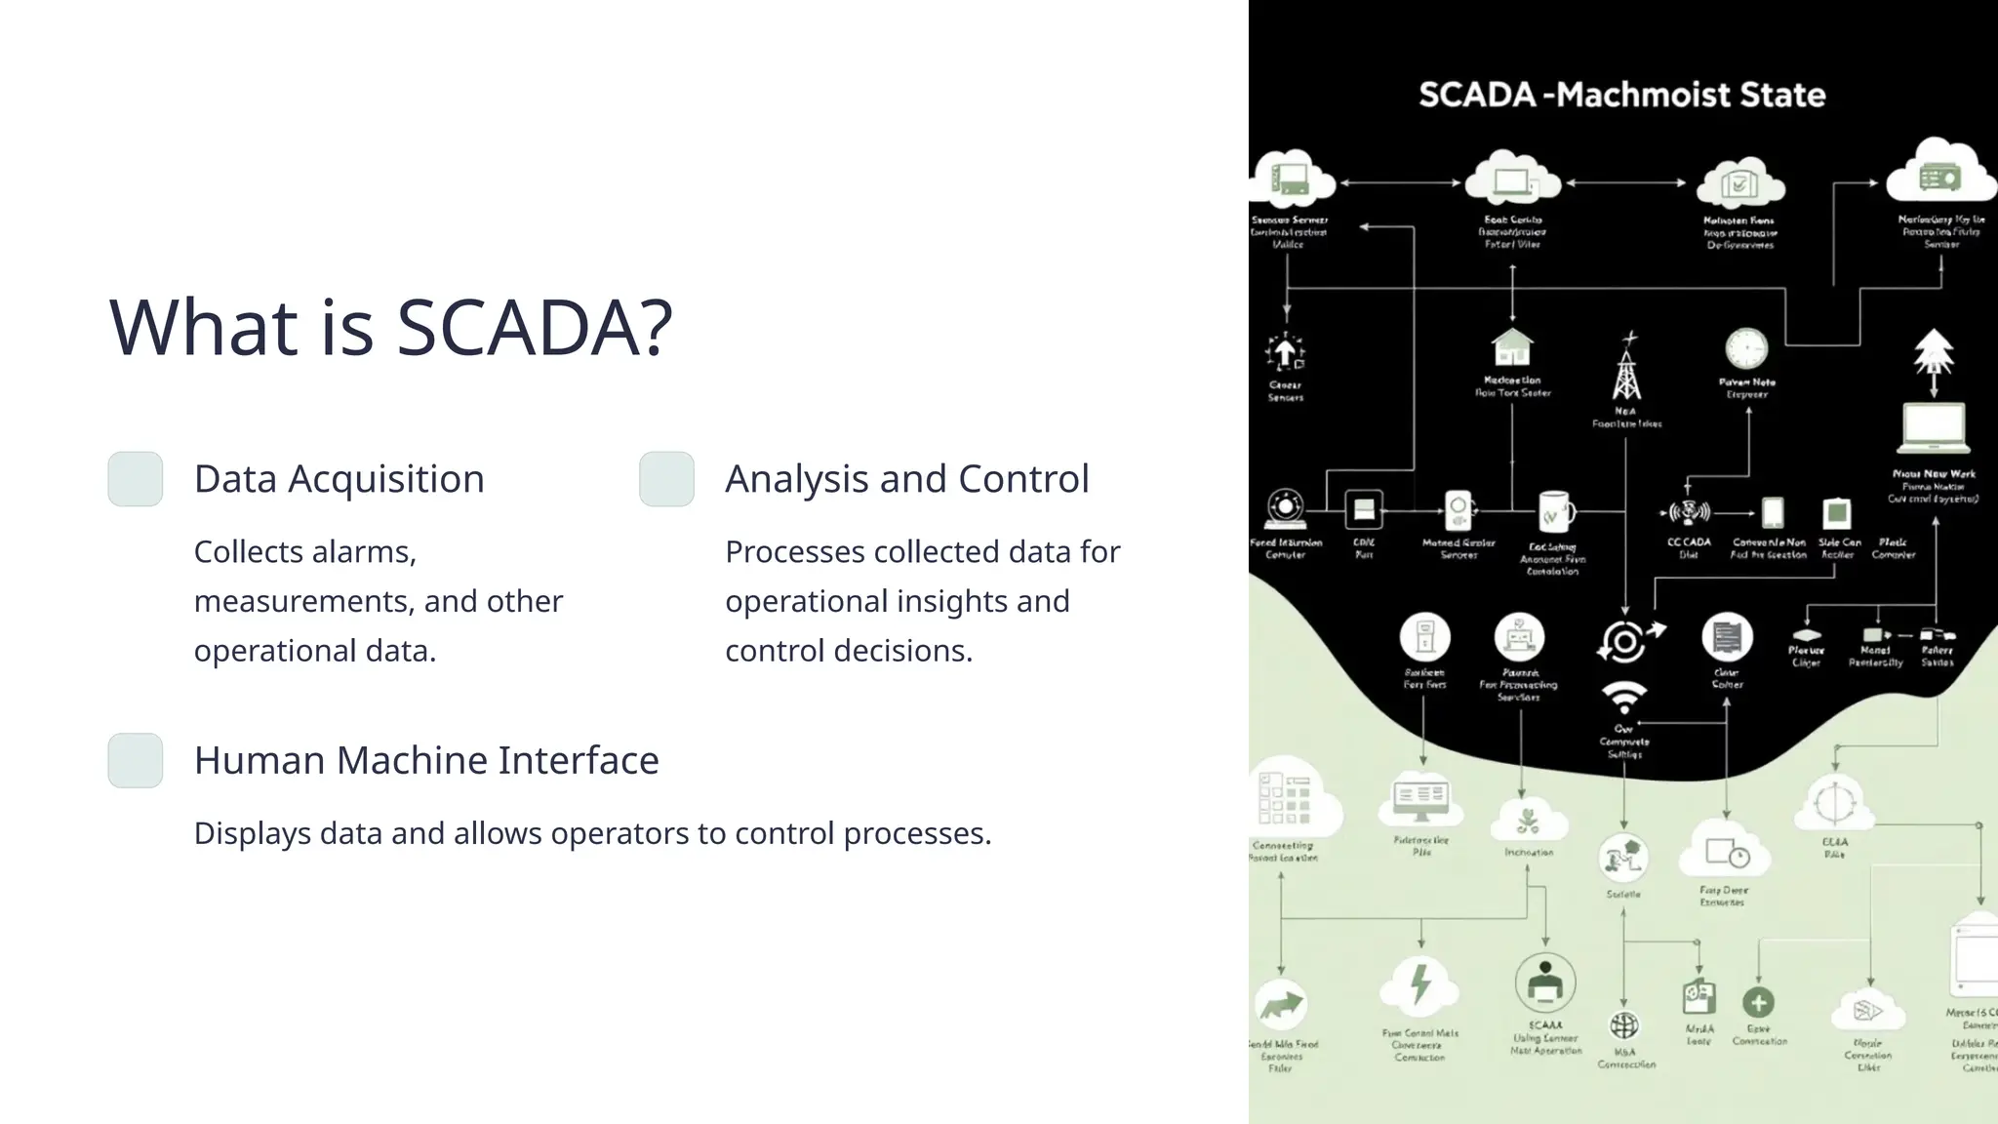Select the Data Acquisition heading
coord(339,479)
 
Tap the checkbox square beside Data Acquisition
coord(136,479)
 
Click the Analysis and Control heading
coord(906,479)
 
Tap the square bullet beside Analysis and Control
coord(666,479)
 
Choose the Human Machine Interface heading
coord(426,760)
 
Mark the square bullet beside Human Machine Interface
coord(136,760)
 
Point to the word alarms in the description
coord(366,552)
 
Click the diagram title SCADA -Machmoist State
coord(1621,95)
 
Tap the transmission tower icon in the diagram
coord(1626,369)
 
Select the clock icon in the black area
coord(1746,349)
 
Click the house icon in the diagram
coord(1512,347)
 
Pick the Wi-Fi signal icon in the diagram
coord(1624,697)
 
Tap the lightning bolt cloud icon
coord(1420,985)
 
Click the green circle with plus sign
coord(1758,1002)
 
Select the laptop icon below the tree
coord(1934,428)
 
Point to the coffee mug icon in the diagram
coord(1554,511)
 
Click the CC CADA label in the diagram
coord(1689,542)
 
